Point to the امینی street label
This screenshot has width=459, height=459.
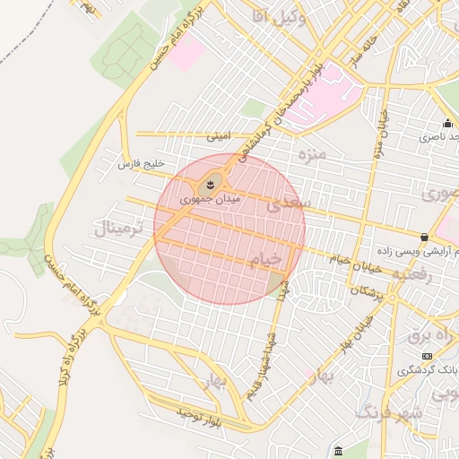point(219,137)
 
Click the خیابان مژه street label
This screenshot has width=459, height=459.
point(377,130)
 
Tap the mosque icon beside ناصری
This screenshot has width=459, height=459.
point(446,124)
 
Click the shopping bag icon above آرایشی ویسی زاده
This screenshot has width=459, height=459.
point(424,238)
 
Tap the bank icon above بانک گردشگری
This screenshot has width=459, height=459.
point(427,356)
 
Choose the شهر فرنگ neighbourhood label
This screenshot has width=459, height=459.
point(389,413)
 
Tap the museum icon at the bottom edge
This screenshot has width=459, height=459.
point(337,450)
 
